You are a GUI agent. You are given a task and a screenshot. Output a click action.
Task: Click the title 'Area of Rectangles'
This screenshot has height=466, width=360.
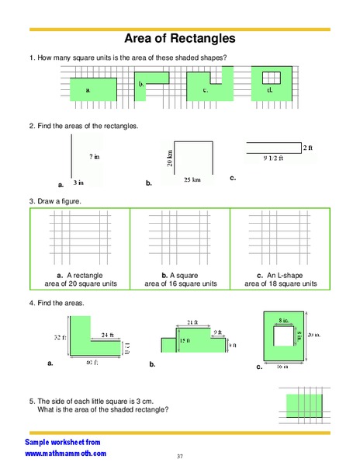click(180, 39)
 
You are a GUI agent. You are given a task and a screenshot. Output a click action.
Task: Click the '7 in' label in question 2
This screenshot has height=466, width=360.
click(94, 157)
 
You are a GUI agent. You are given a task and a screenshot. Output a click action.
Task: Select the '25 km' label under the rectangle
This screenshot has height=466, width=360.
click(192, 180)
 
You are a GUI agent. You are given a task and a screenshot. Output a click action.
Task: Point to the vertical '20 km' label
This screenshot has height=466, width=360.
click(168, 158)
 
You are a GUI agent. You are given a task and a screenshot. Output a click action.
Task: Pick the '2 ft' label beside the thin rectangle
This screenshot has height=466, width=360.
click(308, 147)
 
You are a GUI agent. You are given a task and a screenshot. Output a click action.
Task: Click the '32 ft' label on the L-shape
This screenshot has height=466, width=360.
click(59, 338)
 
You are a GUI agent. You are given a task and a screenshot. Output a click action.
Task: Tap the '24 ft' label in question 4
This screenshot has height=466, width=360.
click(106, 335)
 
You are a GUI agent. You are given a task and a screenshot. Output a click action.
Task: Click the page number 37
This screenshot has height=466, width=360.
click(180, 456)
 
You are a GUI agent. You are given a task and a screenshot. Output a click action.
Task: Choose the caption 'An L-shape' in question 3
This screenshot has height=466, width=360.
click(281, 275)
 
